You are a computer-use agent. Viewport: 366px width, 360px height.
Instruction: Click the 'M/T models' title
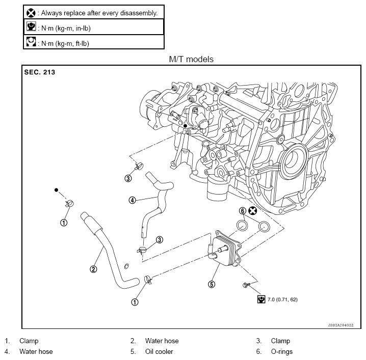(191, 60)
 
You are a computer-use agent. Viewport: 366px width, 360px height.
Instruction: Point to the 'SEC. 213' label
(40, 72)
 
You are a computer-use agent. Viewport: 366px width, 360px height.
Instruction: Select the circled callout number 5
(211, 284)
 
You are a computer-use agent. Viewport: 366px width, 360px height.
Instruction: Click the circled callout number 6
(243, 211)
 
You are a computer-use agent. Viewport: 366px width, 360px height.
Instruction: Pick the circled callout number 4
(132, 200)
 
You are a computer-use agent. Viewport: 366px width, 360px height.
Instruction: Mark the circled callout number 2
(93, 269)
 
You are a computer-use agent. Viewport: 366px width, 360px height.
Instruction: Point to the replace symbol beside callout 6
(252, 211)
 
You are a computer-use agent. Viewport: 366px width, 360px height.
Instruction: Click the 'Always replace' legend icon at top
(31, 12)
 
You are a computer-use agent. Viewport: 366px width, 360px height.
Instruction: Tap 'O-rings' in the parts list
(282, 351)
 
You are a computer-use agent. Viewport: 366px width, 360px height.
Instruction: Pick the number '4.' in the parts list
(8, 351)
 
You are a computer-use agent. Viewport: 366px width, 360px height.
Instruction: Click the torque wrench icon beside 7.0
(262, 299)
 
